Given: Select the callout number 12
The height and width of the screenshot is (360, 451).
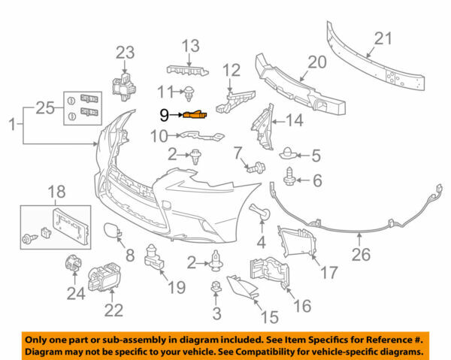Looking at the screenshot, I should point(231,71).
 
